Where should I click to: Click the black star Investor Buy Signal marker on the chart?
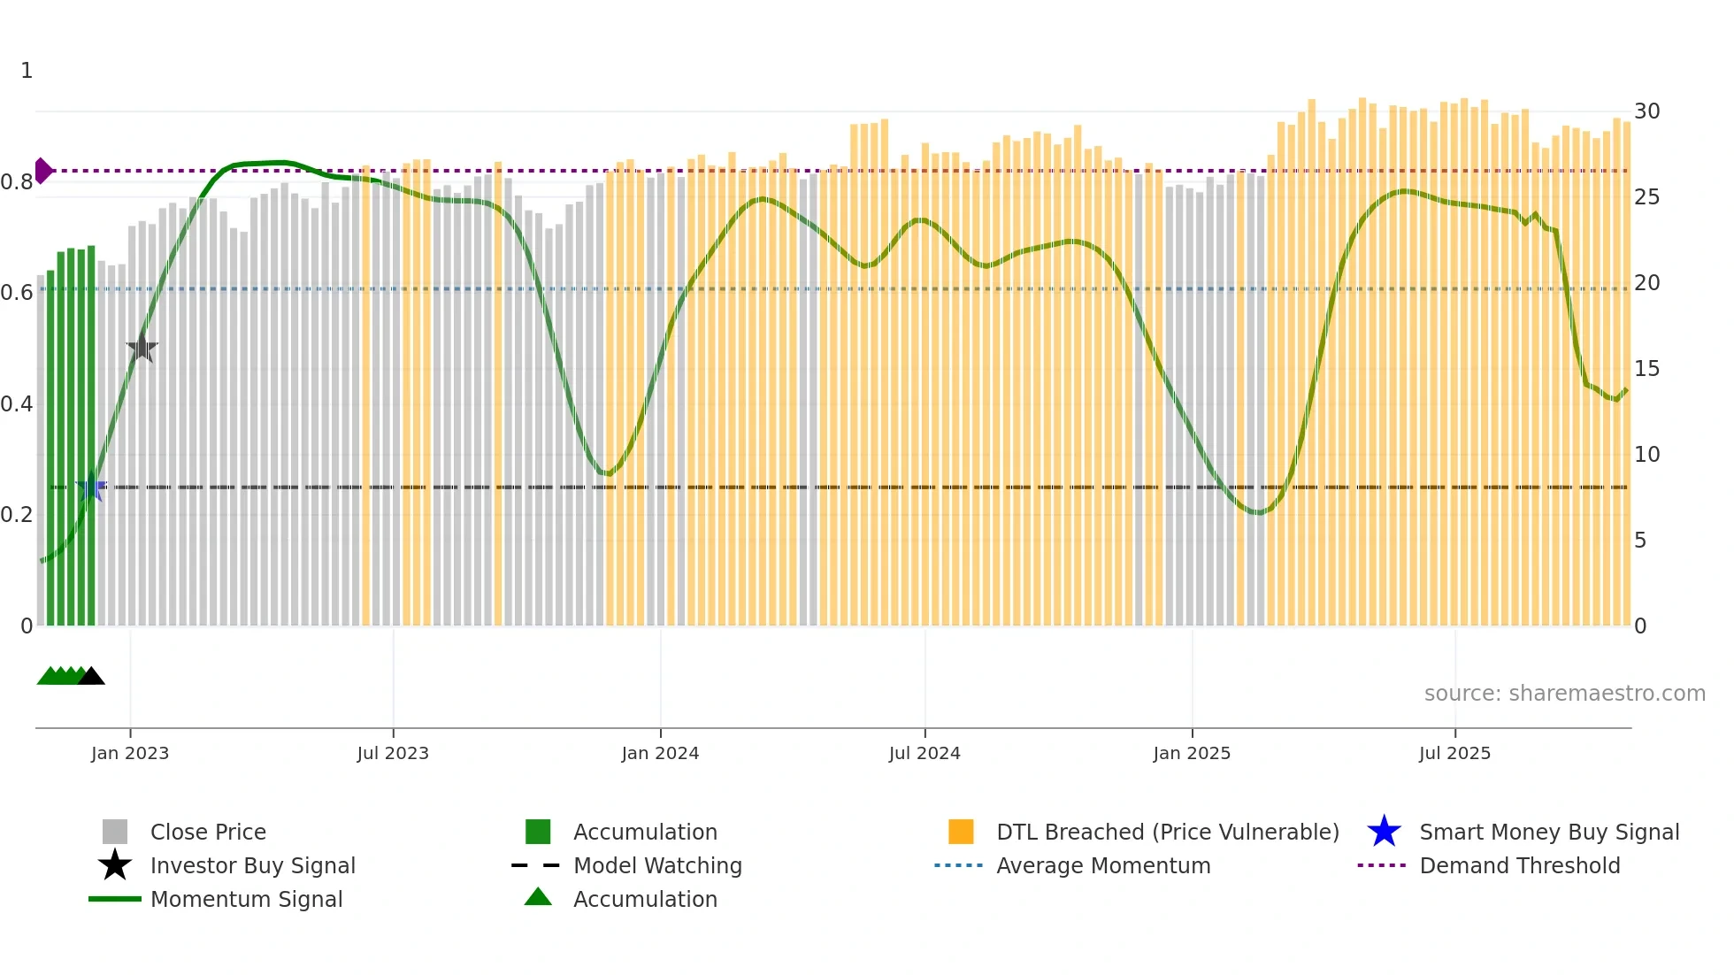142,349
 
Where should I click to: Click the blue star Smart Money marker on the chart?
92,487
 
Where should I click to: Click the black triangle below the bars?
91,677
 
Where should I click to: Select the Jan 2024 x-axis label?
660,753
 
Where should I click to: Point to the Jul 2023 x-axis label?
393,753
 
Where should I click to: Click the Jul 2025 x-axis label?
1454,753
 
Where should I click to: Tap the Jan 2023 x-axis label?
130,753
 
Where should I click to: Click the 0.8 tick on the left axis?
17,182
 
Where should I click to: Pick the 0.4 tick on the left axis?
17,404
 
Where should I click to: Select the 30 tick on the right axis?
1646,111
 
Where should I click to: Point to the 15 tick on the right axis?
1646,369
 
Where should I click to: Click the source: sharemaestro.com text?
1564,694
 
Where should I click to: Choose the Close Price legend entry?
208,832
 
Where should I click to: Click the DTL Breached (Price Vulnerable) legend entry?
1167,832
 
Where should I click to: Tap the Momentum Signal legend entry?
246,899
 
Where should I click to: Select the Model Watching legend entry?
657,865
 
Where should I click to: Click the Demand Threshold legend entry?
1519,865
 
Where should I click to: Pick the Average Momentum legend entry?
1103,865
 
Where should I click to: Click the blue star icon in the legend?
1384,832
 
